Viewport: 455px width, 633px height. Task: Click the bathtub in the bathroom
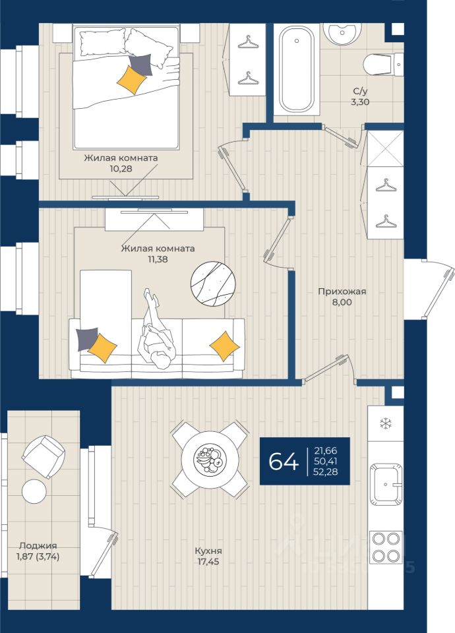pos(297,69)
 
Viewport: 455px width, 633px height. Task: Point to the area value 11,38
pos(158,259)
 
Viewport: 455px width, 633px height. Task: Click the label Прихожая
pos(342,291)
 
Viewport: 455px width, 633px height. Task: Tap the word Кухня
pos(208,551)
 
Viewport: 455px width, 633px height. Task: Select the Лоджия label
pos(38,546)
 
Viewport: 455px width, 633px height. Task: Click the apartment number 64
pos(284,461)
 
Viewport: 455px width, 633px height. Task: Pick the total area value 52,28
pos(325,471)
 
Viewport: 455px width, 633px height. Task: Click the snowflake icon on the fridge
pos(386,423)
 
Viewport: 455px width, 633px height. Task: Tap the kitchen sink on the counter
pos(386,485)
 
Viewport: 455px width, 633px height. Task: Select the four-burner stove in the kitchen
pos(386,547)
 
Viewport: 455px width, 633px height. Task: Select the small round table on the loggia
pos(34,491)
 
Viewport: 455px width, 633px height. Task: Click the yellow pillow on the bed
pos(131,80)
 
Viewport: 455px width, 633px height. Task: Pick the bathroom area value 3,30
pos(360,102)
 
